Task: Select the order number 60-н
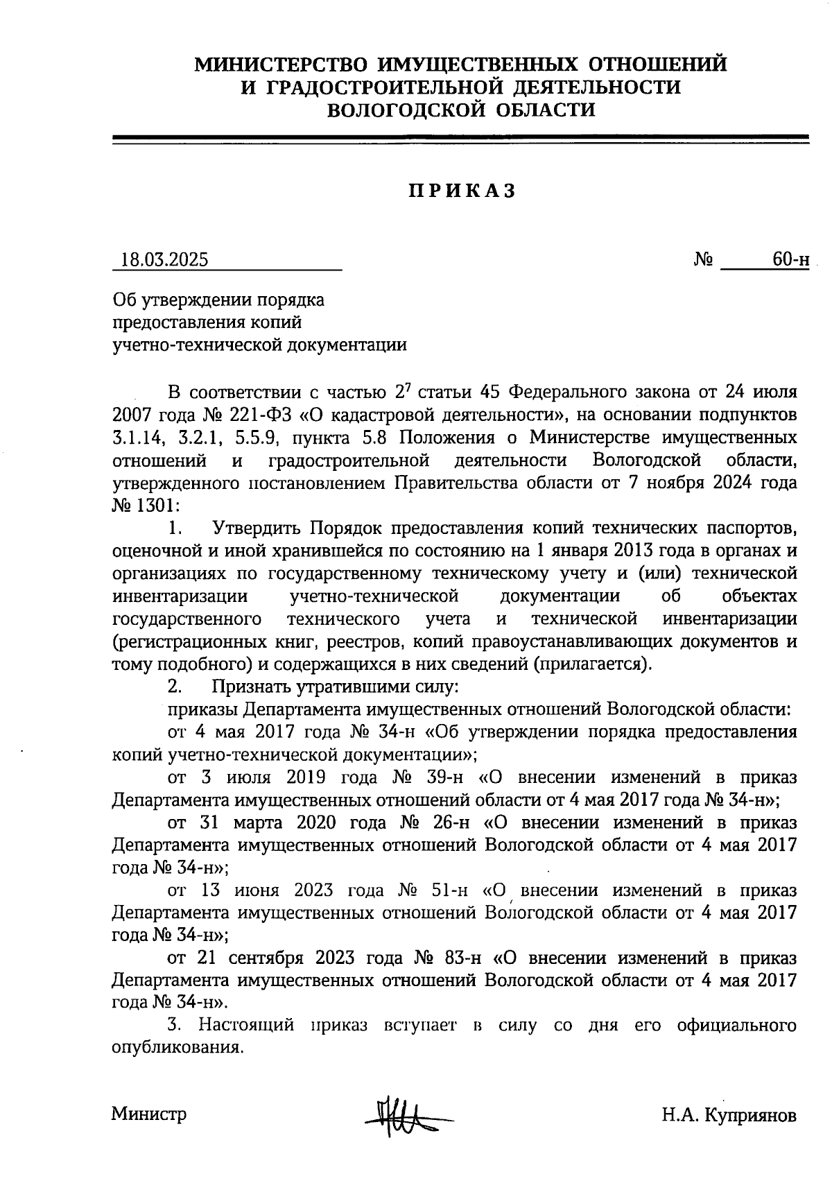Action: pyautogui.click(x=791, y=259)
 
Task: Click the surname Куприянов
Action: pyautogui.click(x=750, y=1115)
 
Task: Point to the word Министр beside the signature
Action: pyautogui.click(x=149, y=1114)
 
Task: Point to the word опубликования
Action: pyautogui.click(x=177, y=1047)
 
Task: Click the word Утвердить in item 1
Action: pyautogui.click(x=258, y=528)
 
